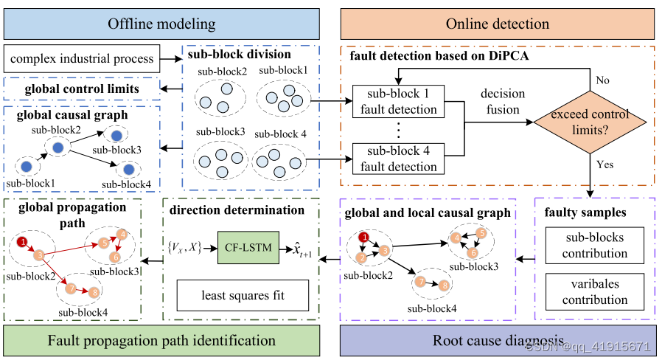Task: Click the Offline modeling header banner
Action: [161, 24]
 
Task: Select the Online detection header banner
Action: [498, 24]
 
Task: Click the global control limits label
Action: [82, 89]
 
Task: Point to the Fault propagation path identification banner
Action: [161, 341]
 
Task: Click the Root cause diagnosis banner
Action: [498, 341]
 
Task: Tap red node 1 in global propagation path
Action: [23, 241]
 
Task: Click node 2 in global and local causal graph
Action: [361, 257]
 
